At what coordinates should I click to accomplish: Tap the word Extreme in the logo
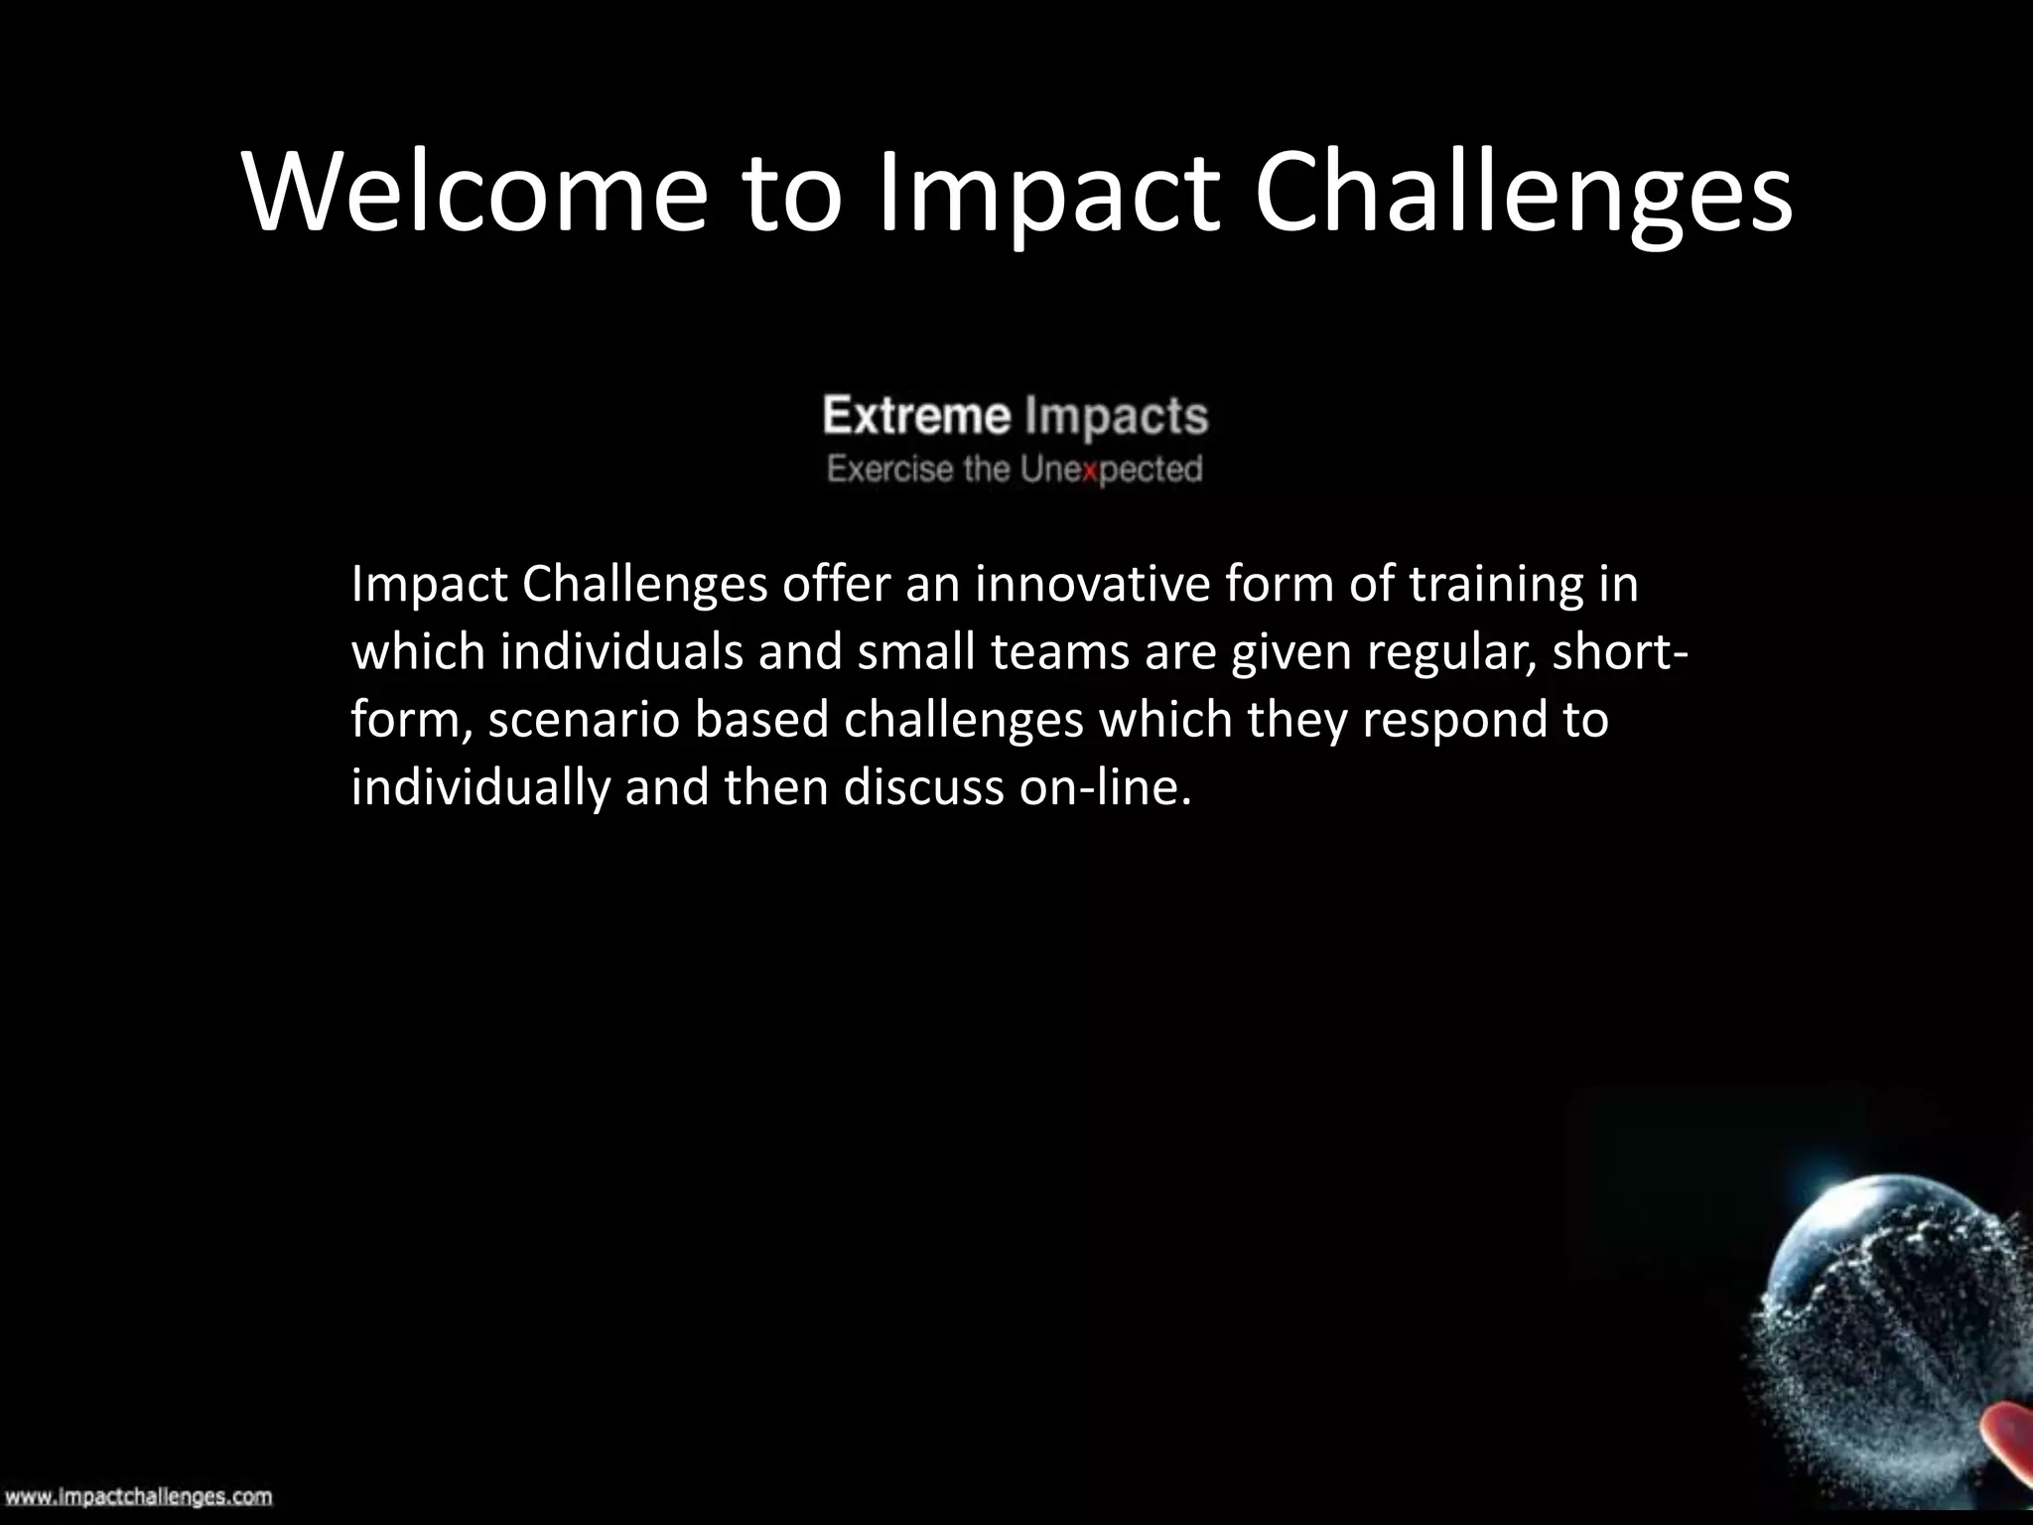pyautogui.click(x=915, y=416)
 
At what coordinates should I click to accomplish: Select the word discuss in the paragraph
pyautogui.click(x=923, y=788)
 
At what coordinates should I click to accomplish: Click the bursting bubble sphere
pyautogui.click(x=1886, y=1311)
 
